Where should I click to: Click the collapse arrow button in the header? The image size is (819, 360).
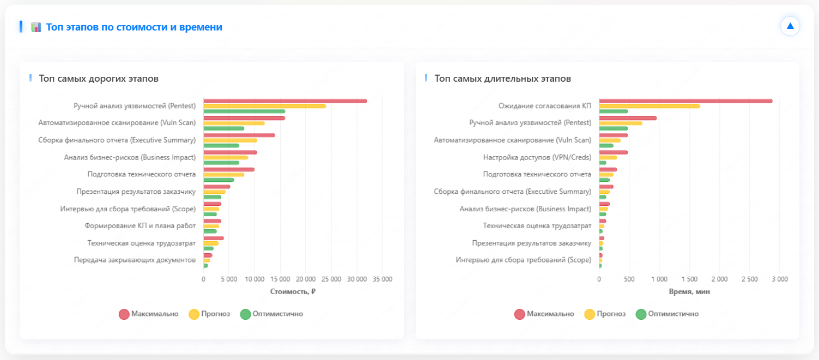[x=790, y=26]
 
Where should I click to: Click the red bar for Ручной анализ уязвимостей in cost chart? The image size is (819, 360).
[x=285, y=101]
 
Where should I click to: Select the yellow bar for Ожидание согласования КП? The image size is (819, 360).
[x=650, y=106]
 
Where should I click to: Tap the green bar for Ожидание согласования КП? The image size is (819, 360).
[x=614, y=111]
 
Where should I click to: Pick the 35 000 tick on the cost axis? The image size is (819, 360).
[x=382, y=279]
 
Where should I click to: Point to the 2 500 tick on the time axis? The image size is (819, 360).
[x=749, y=279]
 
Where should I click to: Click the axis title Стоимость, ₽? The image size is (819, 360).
[x=293, y=291]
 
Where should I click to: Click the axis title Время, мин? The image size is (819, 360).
[x=689, y=291]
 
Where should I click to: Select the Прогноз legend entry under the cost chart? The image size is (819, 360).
[x=209, y=314]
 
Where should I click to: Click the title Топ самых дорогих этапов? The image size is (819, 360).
[x=99, y=78]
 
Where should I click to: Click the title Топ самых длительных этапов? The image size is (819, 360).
[x=502, y=78]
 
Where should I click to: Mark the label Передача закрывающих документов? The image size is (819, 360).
[x=135, y=260]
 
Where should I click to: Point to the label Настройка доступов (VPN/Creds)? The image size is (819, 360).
[x=537, y=157]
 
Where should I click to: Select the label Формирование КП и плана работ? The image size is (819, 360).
[x=140, y=225]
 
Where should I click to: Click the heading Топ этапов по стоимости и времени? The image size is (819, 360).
[x=134, y=27]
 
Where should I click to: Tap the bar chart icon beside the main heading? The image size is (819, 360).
[x=37, y=27]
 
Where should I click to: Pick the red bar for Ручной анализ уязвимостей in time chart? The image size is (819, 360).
[x=628, y=118]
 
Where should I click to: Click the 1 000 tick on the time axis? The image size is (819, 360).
[x=659, y=279]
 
